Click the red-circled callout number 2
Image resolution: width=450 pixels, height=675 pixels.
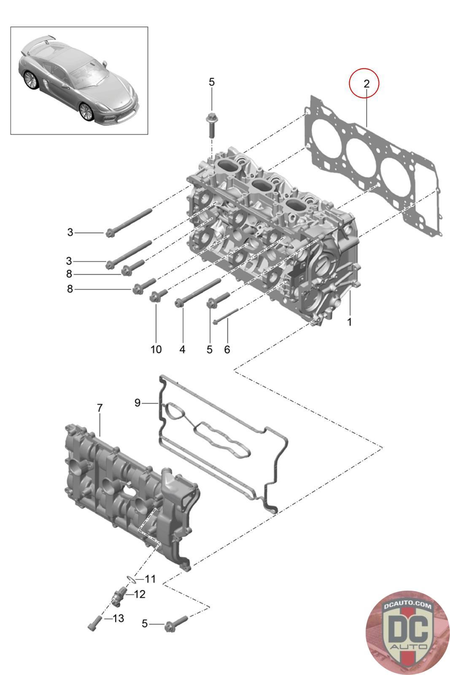(366, 84)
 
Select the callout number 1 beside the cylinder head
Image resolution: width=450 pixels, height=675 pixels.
(349, 322)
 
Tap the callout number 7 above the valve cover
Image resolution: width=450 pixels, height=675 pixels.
(100, 408)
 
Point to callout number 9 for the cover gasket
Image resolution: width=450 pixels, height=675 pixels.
(137, 403)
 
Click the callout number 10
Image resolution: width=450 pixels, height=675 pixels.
(156, 349)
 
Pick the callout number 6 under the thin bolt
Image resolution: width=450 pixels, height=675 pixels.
(227, 349)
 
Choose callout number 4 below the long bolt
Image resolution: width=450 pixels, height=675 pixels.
(182, 349)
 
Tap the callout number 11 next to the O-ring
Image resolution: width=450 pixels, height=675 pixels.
(151, 579)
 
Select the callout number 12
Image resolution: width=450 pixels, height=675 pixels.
(140, 594)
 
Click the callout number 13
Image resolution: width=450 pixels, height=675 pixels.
(119, 618)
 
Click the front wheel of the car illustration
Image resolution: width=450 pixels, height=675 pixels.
(86, 111)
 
